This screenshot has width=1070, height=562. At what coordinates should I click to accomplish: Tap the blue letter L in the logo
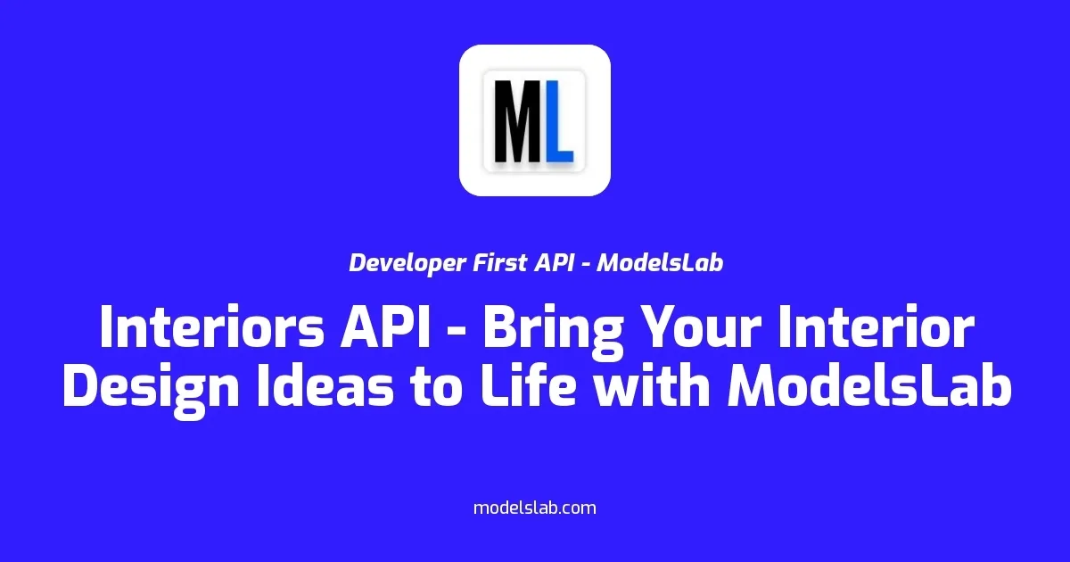coord(559,120)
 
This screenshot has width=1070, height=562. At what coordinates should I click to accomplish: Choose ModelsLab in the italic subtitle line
coord(659,263)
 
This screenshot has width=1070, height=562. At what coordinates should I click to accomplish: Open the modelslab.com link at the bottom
coord(534,508)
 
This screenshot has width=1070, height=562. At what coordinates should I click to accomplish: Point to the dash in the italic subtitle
coord(585,265)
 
